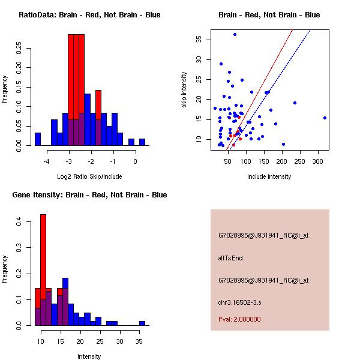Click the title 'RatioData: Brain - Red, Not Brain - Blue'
click(x=89, y=15)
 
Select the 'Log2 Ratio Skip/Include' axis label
click(x=89, y=176)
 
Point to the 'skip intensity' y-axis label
click(x=184, y=90)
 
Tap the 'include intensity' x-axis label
click(x=269, y=176)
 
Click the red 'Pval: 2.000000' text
click(x=239, y=319)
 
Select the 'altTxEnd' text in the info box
click(x=230, y=258)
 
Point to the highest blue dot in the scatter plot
click(x=235, y=35)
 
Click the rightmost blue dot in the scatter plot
click(x=325, y=118)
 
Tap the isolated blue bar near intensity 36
click(x=142, y=323)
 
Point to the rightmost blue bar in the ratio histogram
click(x=142, y=142)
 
